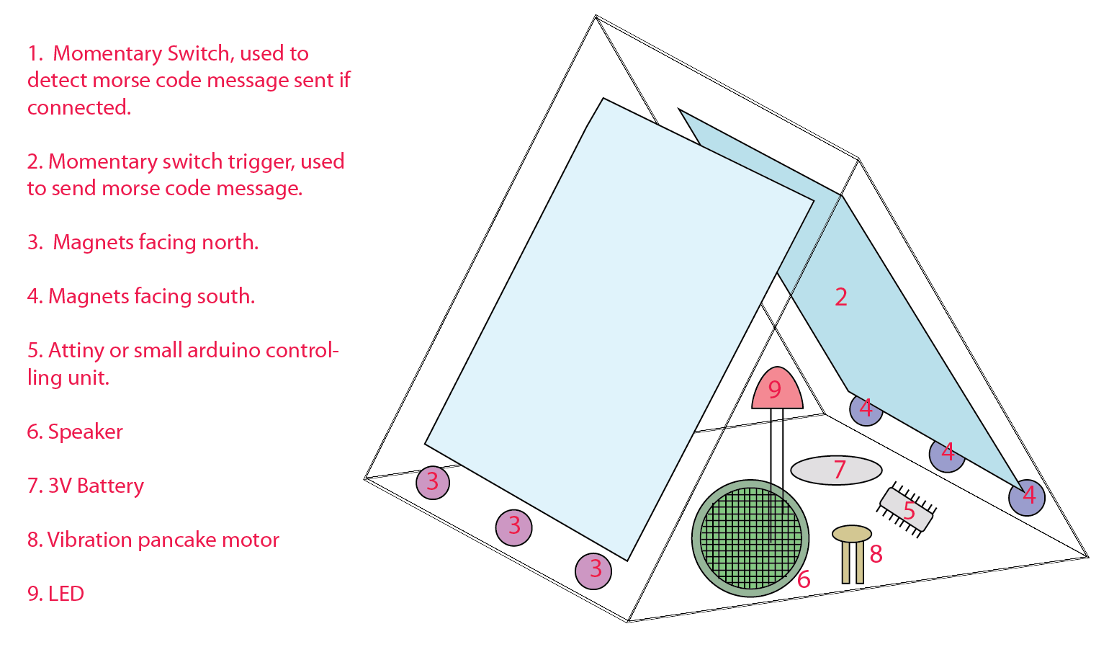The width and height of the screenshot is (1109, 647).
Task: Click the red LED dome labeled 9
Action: [x=777, y=388]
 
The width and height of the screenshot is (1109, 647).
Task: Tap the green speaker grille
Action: [x=750, y=538]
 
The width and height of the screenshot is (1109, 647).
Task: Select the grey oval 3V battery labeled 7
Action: [x=836, y=470]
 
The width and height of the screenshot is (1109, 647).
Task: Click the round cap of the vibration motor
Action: [x=851, y=534]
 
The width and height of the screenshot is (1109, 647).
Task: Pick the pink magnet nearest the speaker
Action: [x=593, y=571]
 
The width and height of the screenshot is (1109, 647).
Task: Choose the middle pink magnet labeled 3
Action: [x=514, y=527]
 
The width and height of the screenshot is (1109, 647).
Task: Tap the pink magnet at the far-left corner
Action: [x=433, y=483]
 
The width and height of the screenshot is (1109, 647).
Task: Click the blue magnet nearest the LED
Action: [x=866, y=409]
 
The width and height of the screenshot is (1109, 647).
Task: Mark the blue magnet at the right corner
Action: [x=1027, y=497]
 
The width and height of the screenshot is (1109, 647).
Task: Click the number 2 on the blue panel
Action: [x=840, y=298]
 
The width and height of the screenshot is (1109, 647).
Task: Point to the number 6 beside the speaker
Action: [x=804, y=579]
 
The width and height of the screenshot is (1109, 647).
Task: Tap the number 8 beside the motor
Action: [x=876, y=554]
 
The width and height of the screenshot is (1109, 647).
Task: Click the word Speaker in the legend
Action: [x=85, y=432]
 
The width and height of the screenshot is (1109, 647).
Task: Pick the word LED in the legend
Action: [x=66, y=594]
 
